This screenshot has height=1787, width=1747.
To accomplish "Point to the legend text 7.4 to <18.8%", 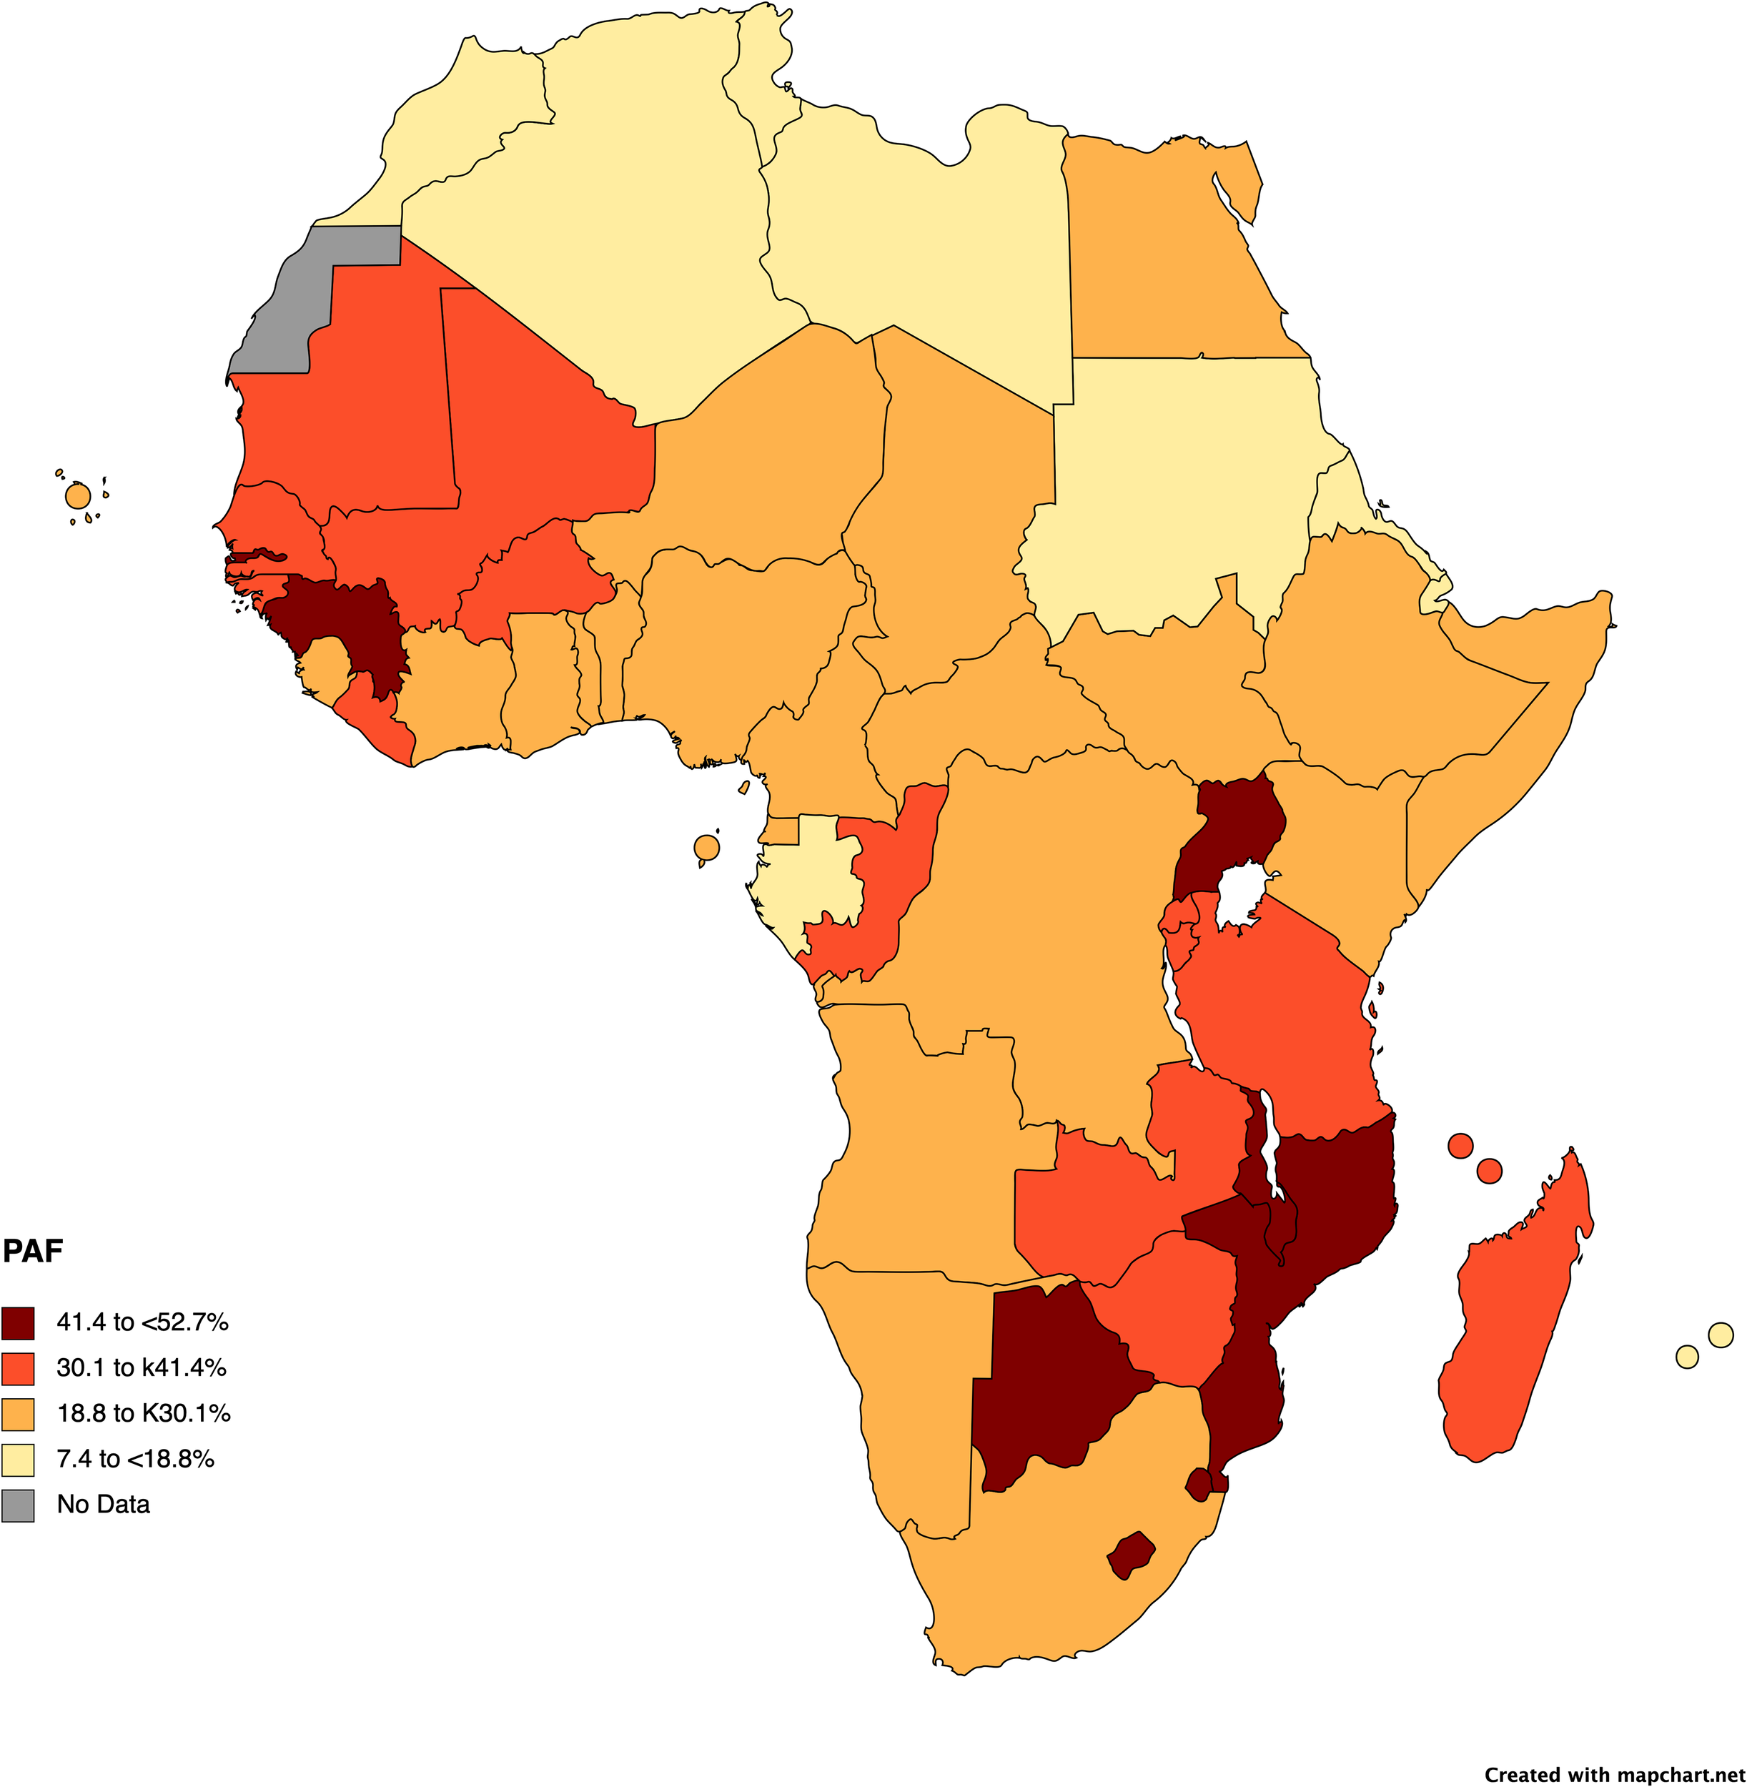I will click(135, 1460).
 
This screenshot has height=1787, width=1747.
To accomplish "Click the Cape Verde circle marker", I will click(78, 496).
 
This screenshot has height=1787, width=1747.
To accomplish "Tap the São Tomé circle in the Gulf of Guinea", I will click(706, 848).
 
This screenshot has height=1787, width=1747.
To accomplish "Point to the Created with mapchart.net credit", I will click(1614, 1774).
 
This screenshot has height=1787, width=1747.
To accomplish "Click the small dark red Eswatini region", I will click(1198, 1482).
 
